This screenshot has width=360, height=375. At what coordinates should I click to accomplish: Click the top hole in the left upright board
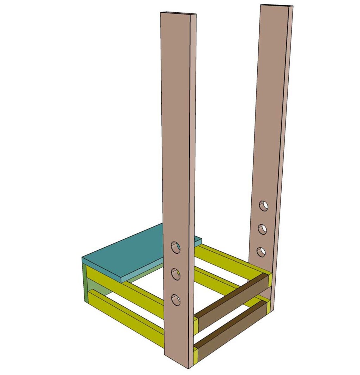176,247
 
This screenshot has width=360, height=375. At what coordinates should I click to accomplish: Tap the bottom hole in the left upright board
176,300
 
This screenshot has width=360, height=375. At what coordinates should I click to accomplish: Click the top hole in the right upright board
263,206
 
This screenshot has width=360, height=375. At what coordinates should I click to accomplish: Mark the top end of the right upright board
277,6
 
